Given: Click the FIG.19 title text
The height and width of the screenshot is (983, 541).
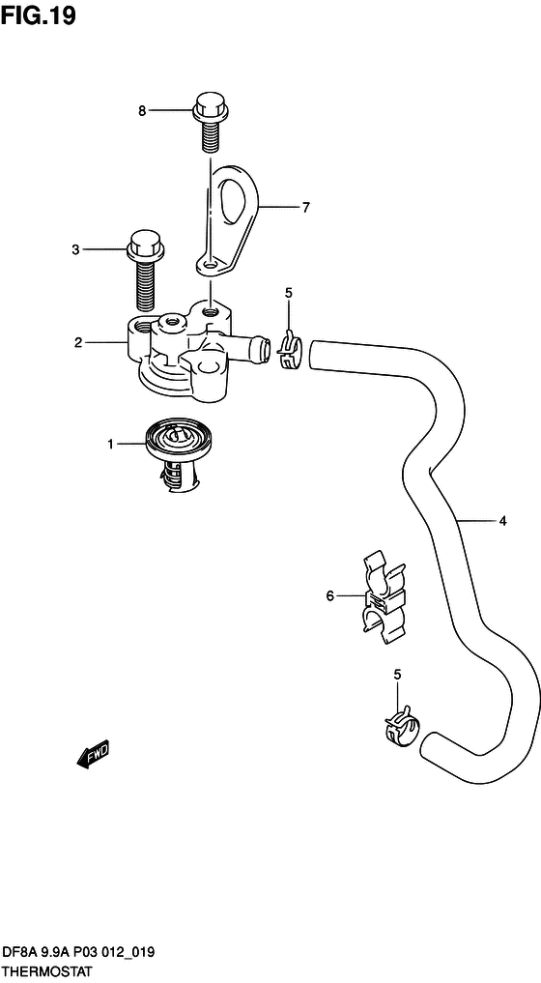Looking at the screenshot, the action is [x=39, y=15].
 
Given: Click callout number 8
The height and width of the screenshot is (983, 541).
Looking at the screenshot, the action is [x=142, y=111].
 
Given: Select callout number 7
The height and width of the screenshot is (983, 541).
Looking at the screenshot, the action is [x=306, y=208].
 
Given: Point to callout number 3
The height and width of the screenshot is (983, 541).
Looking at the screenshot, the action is [x=76, y=250].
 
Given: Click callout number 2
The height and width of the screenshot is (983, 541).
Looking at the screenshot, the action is [x=78, y=343].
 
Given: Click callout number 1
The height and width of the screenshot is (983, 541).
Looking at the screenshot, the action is [x=110, y=445].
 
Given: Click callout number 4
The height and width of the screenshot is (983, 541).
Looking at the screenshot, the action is [x=502, y=520].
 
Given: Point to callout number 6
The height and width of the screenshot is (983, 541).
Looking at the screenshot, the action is [x=330, y=595].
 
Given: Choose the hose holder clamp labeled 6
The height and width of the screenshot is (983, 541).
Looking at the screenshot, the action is [x=384, y=596].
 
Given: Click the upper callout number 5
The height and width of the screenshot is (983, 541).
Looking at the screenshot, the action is [x=288, y=293].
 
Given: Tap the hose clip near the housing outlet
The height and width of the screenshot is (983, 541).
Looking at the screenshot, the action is [x=289, y=352].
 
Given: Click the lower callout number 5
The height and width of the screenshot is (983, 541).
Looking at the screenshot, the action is [x=397, y=675].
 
